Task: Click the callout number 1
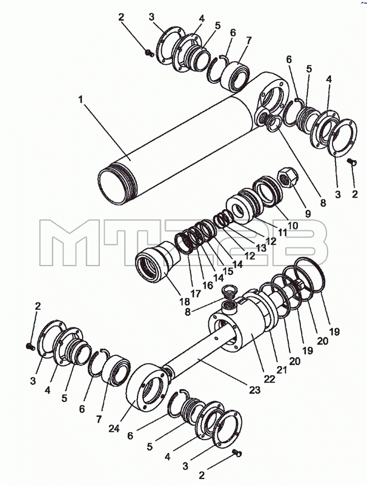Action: [81, 99]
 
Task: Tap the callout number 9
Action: [308, 214]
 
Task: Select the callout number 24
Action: [114, 429]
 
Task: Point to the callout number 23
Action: [254, 390]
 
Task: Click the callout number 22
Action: [269, 380]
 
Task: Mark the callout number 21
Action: [282, 370]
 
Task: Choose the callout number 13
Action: [260, 248]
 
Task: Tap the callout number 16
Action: [208, 285]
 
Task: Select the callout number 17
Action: [196, 293]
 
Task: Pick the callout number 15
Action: [228, 271]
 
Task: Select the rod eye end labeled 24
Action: [148, 387]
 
